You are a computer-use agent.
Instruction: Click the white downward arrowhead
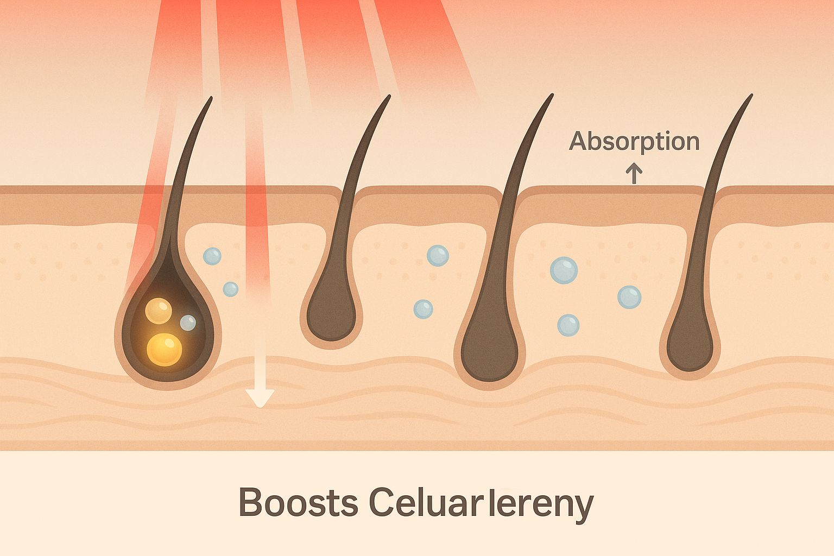[x=260, y=397]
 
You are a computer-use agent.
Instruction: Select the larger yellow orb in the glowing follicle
[x=164, y=349]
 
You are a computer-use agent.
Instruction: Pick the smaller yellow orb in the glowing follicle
[x=159, y=311]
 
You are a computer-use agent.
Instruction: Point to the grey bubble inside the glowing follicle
[x=188, y=323]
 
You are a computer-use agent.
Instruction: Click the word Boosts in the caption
[x=298, y=503]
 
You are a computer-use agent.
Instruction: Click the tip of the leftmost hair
[x=210, y=98]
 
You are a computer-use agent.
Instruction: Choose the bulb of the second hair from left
[x=331, y=318]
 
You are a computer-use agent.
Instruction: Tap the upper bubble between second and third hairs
[x=438, y=255]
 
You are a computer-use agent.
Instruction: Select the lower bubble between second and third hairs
[x=423, y=309]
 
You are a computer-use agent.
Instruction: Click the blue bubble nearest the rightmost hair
[x=629, y=297]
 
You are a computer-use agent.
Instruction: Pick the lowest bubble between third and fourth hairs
[x=568, y=325]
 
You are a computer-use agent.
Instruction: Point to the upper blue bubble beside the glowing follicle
[x=212, y=256]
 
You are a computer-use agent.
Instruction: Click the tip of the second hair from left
[x=389, y=97]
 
